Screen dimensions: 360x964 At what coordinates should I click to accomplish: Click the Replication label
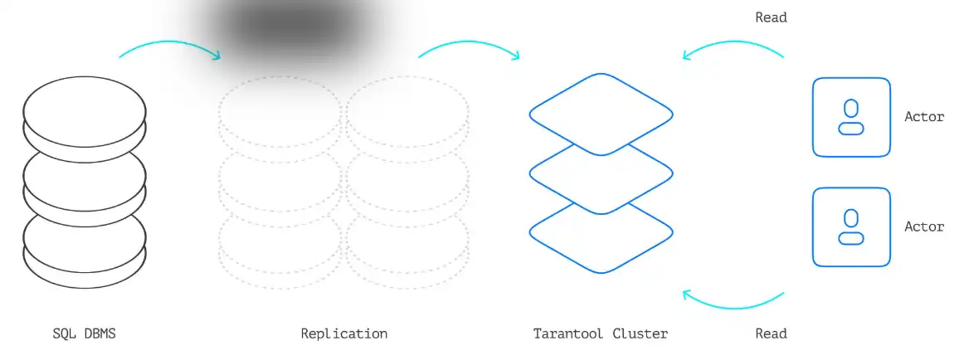[x=343, y=334]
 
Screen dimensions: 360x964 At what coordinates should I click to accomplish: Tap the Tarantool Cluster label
[x=601, y=334]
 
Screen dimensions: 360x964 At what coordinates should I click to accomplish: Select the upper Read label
[x=771, y=17]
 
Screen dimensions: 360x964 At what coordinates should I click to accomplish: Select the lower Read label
[x=771, y=334]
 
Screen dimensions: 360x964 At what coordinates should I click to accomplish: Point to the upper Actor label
[x=924, y=117]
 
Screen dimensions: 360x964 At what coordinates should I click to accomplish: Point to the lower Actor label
[x=924, y=226]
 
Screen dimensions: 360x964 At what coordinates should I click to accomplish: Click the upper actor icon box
[x=851, y=117]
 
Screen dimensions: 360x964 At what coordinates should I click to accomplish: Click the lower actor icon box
[x=851, y=226]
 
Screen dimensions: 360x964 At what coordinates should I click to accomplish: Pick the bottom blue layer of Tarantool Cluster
[x=601, y=241]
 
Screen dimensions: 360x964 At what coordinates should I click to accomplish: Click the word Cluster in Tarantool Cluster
[x=640, y=334]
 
